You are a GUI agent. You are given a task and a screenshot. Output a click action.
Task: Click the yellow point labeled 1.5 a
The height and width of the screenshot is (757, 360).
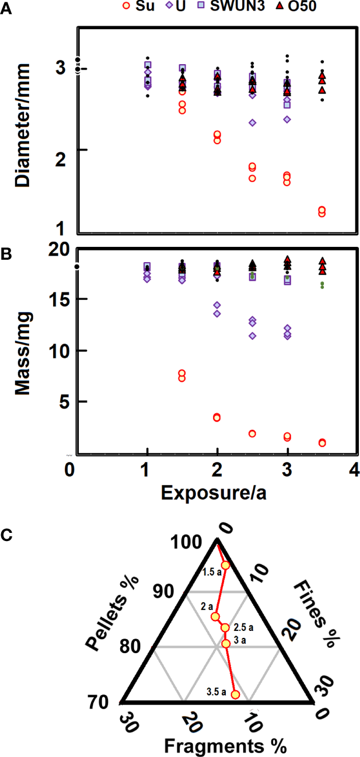[226, 565]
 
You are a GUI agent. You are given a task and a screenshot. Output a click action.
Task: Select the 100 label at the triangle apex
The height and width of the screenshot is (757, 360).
[188, 542]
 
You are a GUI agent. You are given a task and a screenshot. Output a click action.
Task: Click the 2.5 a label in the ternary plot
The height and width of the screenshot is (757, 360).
[244, 628]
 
